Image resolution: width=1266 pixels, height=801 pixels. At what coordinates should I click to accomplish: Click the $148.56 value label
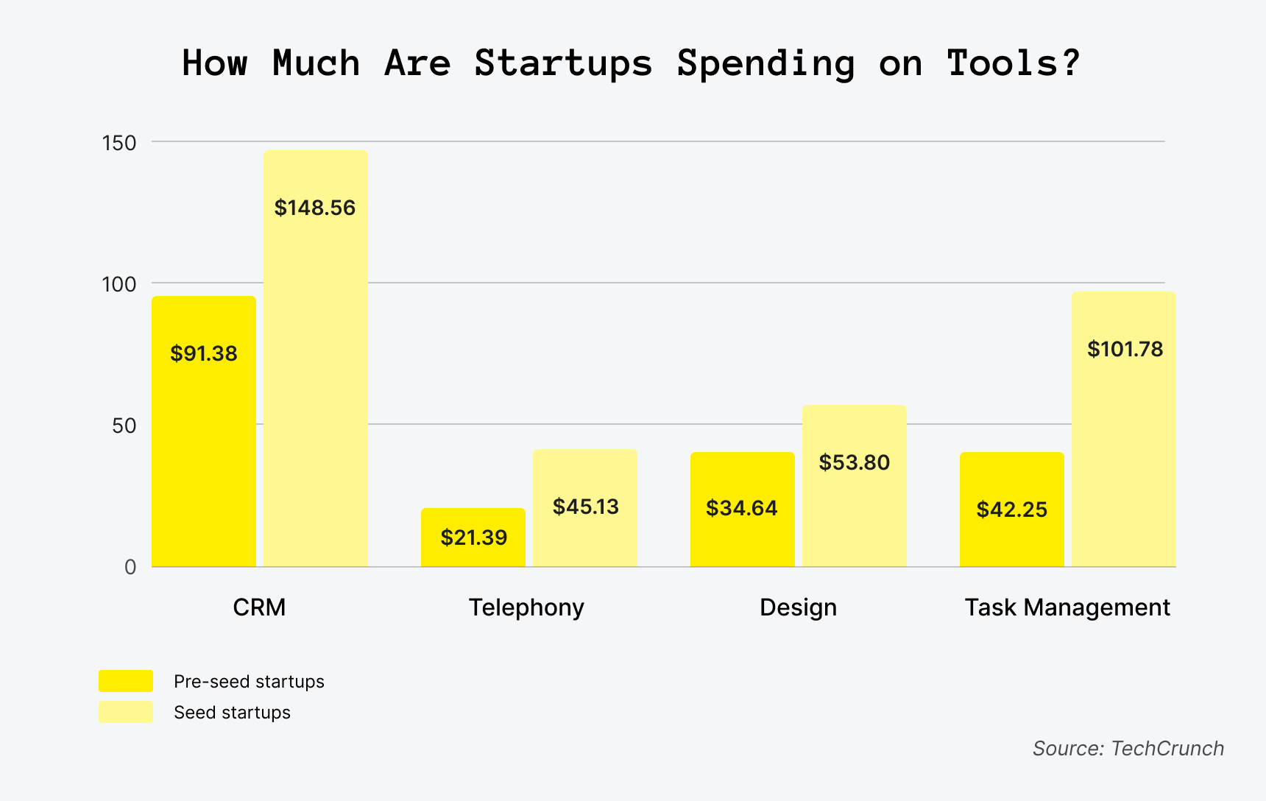click(x=315, y=208)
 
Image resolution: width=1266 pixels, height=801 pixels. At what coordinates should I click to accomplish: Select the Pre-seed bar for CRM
click(x=204, y=442)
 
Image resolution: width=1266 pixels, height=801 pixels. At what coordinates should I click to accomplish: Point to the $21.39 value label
click(x=474, y=537)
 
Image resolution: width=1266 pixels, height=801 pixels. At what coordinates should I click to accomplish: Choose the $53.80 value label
click(x=855, y=462)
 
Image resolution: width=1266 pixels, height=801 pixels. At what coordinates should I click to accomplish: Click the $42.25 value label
click(x=1011, y=509)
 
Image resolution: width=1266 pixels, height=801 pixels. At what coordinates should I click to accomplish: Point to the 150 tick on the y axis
click(x=120, y=143)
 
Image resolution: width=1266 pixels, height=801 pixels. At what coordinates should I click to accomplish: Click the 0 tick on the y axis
click(x=130, y=567)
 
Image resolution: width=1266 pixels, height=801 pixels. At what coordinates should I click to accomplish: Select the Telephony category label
click(x=526, y=607)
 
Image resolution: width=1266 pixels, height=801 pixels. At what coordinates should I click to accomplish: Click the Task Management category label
click(x=1067, y=607)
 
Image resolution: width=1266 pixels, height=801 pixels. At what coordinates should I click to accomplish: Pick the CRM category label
click(x=259, y=607)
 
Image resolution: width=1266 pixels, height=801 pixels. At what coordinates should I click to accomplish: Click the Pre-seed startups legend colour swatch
click(x=126, y=681)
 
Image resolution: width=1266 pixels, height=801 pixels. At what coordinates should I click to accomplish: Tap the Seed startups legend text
click(x=232, y=713)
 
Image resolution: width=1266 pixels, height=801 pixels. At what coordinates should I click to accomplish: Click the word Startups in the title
click(x=563, y=63)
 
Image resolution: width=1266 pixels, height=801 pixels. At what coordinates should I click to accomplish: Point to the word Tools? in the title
click(x=1014, y=63)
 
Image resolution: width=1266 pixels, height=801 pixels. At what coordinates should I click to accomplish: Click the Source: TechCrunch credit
click(x=1128, y=748)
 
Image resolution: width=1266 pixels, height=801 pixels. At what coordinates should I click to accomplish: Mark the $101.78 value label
click(x=1125, y=349)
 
